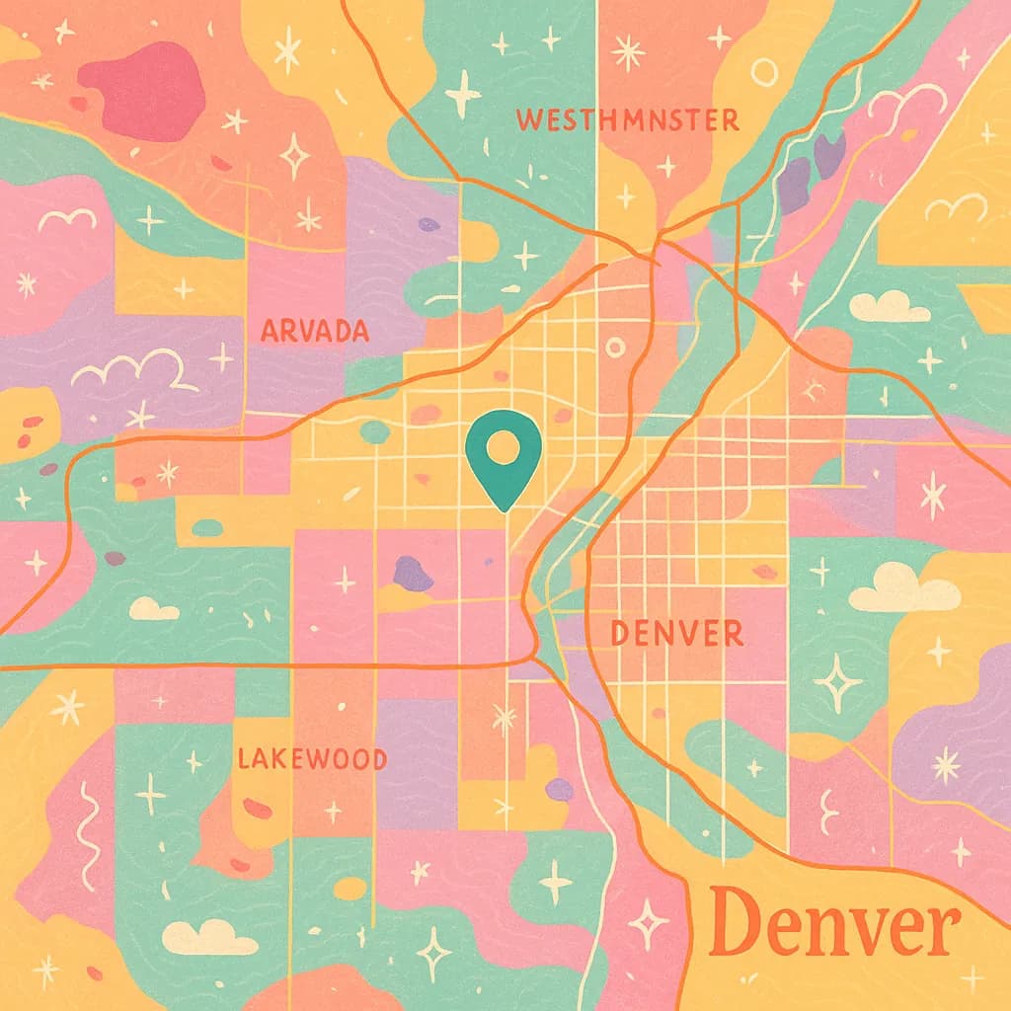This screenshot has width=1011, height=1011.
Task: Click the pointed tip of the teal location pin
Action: [x=505, y=508]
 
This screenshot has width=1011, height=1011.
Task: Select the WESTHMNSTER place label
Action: [x=627, y=120]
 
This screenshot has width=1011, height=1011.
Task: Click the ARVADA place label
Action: [x=314, y=331]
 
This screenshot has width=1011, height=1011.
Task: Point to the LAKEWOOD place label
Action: [x=312, y=758]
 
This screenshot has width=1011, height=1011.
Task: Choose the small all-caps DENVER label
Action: [x=676, y=634]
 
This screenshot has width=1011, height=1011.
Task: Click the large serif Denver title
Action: [x=834, y=923]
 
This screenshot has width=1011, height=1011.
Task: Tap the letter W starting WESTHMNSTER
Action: [x=528, y=121]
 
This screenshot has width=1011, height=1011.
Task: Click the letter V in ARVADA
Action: [x=306, y=331]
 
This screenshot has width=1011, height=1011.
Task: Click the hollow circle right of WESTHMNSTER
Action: [x=764, y=71]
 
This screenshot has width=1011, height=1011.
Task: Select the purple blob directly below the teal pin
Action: [x=413, y=573]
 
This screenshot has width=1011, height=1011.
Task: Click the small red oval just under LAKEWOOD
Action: [x=257, y=808]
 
